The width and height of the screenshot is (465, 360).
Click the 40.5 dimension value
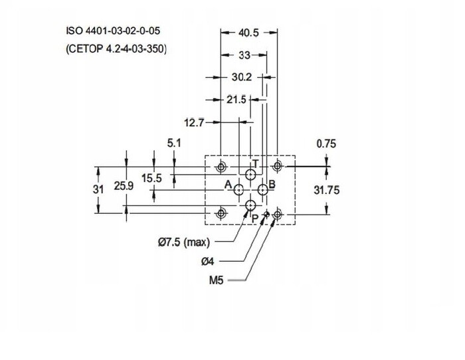248,33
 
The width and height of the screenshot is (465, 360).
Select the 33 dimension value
244,55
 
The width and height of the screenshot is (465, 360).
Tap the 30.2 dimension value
241,77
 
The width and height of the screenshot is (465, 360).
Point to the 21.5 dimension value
236,100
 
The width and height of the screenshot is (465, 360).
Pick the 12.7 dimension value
194,122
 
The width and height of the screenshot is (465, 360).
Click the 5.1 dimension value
174,143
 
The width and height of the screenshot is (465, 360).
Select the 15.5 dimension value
151,178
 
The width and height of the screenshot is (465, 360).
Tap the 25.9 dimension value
124,186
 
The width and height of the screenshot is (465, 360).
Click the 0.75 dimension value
326,144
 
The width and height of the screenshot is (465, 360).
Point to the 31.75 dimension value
327,190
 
